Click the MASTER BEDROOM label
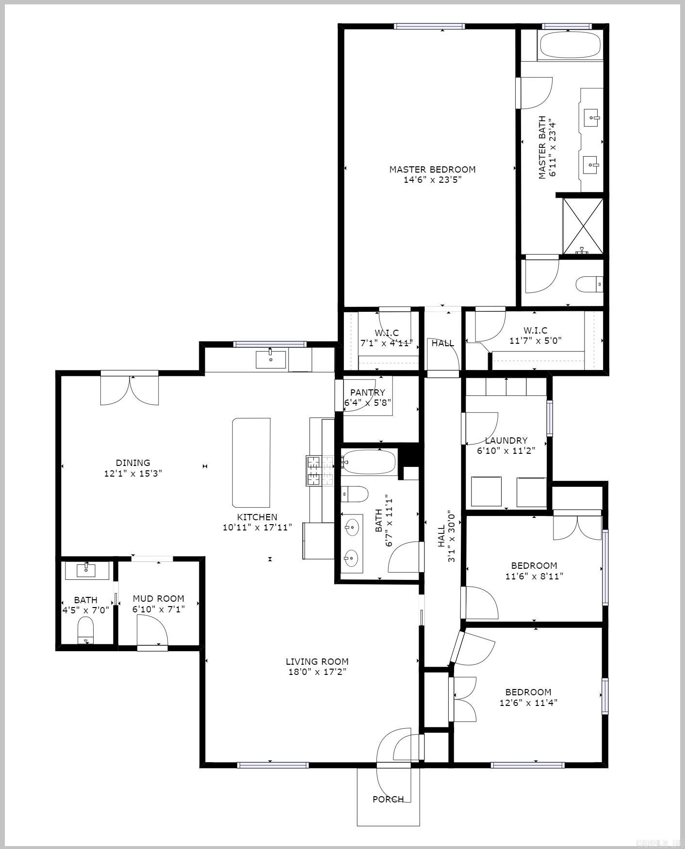pyautogui.click(x=432, y=169)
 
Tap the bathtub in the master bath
pyautogui.click(x=570, y=45)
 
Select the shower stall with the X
pyautogui.click(x=583, y=225)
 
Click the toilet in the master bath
pyautogui.click(x=588, y=284)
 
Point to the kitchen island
pyautogui.click(x=251, y=462)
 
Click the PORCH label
pyautogui.click(x=388, y=799)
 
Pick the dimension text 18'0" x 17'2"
pyautogui.click(x=317, y=672)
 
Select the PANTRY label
pyautogui.click(x=367, y=392)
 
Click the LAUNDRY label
pyautogui.click(x=506, y=440)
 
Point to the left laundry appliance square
pyautogui.click(x=486, y=491)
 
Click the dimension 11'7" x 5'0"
pyautogui.click(x=535, y=340)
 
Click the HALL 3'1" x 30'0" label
pyautogui.click(x=446, y=536)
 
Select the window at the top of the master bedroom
pyautogui.click(x=429, y=26)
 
